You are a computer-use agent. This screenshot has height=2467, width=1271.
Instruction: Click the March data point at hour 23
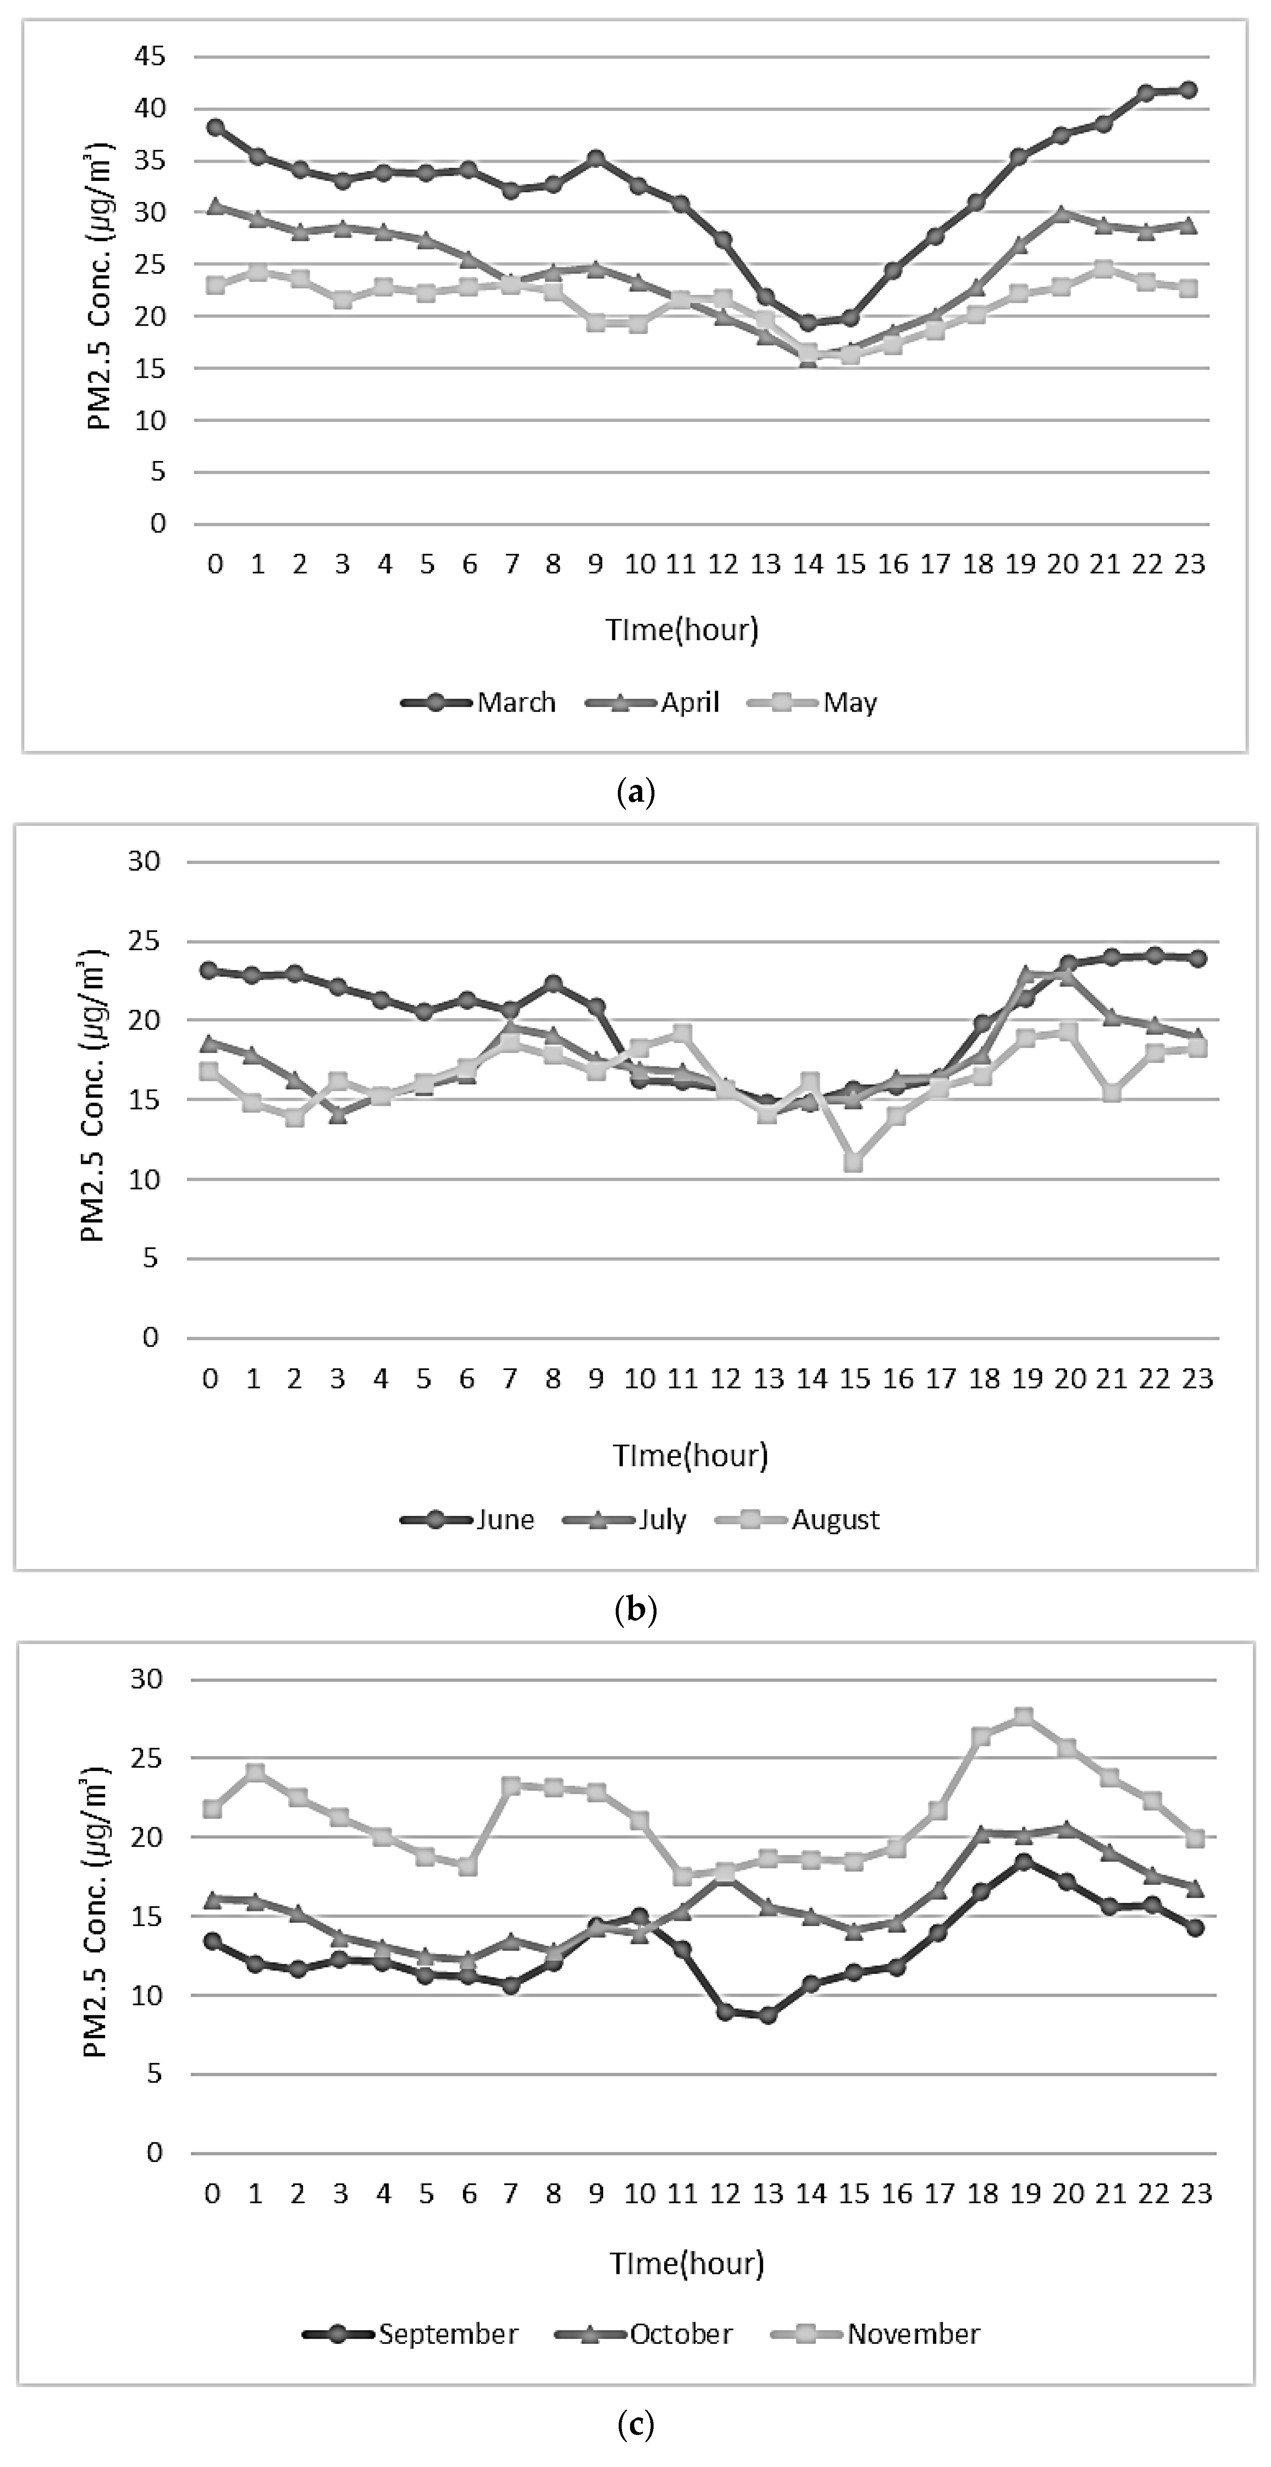click(1189, 90)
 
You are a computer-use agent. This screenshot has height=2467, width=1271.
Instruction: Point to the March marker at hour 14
click(808, 323)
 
